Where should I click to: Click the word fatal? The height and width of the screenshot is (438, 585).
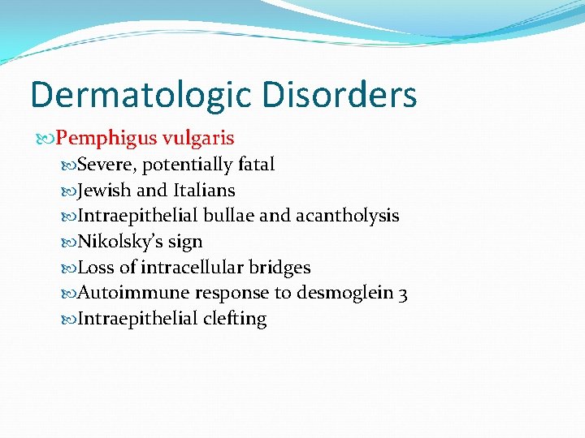pos(256,164)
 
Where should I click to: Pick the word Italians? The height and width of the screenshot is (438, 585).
pos(204,190)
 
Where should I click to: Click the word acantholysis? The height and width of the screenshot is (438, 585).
pos(347,216)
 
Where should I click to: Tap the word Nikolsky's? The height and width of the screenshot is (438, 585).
pos(117,242)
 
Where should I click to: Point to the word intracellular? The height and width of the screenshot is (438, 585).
pos(192,267)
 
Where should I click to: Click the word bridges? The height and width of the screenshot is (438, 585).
pos(281,268)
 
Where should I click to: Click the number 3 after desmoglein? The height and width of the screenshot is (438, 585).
pos(403,294)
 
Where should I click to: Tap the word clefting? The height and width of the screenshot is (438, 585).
pos(235,319)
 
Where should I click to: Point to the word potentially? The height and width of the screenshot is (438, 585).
pos(188,165)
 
